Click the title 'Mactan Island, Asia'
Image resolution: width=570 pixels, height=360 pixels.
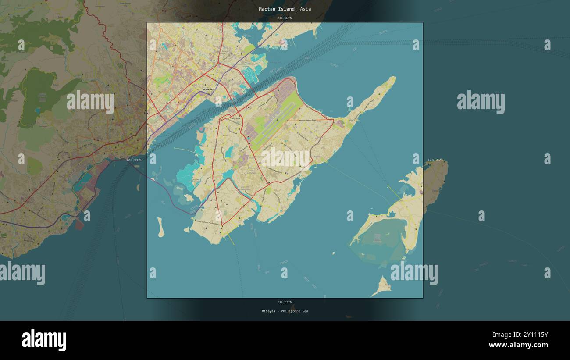pyautogui.click(x=285, y=9)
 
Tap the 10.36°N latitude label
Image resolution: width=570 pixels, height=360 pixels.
pyautogui.click(x=285, y=18)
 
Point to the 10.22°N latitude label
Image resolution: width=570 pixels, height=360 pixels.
pyautogui.click(x=285, y=302)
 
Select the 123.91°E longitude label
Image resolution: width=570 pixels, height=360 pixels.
pyautogui.click(x=134, y=160)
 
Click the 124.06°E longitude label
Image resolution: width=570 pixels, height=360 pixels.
pyautogui.click(x=435, y=160)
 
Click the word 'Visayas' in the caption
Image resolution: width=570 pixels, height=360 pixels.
pyautogui.click(x=268, y=311)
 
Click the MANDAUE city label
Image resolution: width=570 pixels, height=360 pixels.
pyautogui.click(x=210, y=89)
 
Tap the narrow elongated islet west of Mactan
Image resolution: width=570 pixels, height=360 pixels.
pyautogui.click(x=160, y=227)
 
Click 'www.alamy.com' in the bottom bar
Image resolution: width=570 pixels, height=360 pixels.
pyautogui.click(x=518, y=345)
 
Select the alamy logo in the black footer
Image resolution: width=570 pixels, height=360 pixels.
pyautogui.click(x=44, y=340)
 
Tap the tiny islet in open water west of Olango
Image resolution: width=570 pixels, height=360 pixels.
pyautogui.click(x=333, y=253)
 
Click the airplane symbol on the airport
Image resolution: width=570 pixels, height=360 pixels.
pyautogui.click(x=249, y=139)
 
